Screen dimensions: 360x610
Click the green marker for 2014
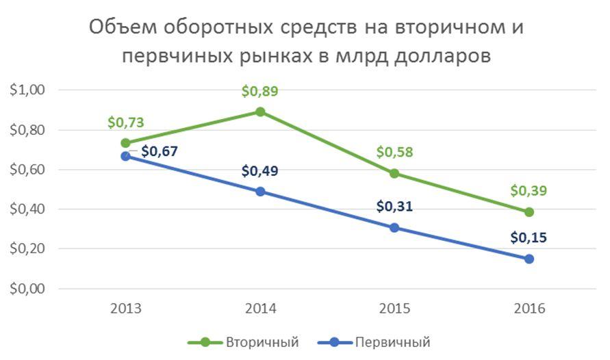[x=260, y=112]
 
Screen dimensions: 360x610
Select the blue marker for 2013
[x=125, y=156]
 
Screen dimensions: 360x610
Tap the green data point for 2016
[x=529, y=212]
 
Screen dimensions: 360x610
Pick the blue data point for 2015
[x=394, y=227]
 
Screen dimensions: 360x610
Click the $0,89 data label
[x=260, y=92]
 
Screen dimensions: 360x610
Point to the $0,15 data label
[x=529, y=238]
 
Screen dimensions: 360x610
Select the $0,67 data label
[x=160, y=151]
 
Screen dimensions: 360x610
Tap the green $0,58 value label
[x=394, y=152]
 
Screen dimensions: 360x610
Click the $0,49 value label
[x=260, y=171]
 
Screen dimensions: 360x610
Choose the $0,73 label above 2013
[x=125, y=123]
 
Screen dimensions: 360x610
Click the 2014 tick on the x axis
[x=260, y=309]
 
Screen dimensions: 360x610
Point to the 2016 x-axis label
[x=529, y=309]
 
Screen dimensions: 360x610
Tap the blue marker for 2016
[x=529, y=259]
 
